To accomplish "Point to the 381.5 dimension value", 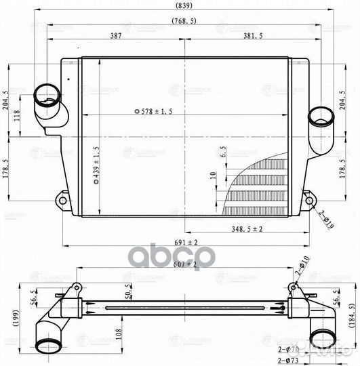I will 258,36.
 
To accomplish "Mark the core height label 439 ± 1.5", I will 96,166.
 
